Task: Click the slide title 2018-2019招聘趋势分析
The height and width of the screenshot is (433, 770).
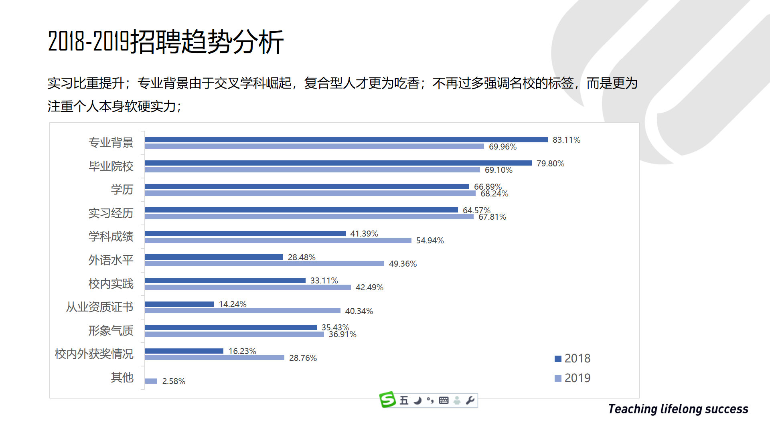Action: [x=166, y=42]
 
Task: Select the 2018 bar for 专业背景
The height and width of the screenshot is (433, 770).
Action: [x=346, y=140]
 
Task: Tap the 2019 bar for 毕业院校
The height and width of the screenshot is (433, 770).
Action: [x=312, y=170]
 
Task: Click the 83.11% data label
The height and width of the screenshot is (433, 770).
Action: [x=566, y=140]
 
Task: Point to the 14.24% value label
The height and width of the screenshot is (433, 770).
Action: [x=233, y=304]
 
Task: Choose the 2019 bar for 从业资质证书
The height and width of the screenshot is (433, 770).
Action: [x=243, y=311]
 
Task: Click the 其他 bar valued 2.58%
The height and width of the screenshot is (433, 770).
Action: [x=151, y=381]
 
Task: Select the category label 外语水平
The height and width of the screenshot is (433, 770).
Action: [x=111, y=260]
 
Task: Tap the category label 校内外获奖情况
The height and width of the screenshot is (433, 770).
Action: [x=94, y=354]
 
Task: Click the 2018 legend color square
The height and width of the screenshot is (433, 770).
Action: [x=558, y=359]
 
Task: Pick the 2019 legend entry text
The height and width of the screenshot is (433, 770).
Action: [x=577, y=378]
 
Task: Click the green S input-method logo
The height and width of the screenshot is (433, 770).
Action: [x=387, y=400]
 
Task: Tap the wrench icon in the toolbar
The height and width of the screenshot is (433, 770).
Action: [x=470, y=400]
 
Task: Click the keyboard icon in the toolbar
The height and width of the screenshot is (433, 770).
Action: [x=444, y=400]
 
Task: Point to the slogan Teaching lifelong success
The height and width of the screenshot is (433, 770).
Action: [x=678, y=409]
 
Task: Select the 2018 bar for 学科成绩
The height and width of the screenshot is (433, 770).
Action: [x=245, y=233]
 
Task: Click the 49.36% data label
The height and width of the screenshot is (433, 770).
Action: [x=403, y=264]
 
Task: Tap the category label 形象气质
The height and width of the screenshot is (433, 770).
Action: [x=111, y=331]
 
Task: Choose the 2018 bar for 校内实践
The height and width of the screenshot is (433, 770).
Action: [x=225, y=280]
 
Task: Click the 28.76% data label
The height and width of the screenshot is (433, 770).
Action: [x=303, y=358]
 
